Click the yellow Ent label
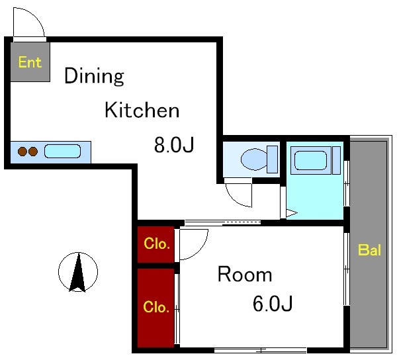(x=30, y=62)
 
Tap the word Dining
(x=94, y=76)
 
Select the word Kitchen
(x=142, y=110)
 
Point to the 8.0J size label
(x=174, y=144)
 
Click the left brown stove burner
(x=22, y=152)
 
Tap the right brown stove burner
(x=33, y=152)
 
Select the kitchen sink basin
(x=63, y=151)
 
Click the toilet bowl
(x=254, y=159)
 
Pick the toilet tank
(x=273, y=159)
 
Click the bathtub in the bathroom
(x=311, y=160)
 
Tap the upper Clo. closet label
(x=156, y=244)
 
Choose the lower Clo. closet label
(x=156, y=307)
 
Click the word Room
(x=245, y=274)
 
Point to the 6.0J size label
(x=273, y=303)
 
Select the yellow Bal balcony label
(x=369, y=250)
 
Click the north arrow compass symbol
(x=78, y=272)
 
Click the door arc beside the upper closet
(x=201, y=251)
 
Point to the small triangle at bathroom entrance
(x=291, y=213)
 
